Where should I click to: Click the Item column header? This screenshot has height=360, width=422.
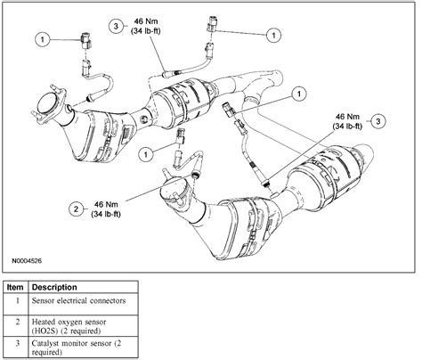16,288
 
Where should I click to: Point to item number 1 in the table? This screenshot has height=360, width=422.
16,303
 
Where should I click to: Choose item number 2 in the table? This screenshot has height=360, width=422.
16,323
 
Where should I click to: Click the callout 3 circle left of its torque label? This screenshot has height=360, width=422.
117,28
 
